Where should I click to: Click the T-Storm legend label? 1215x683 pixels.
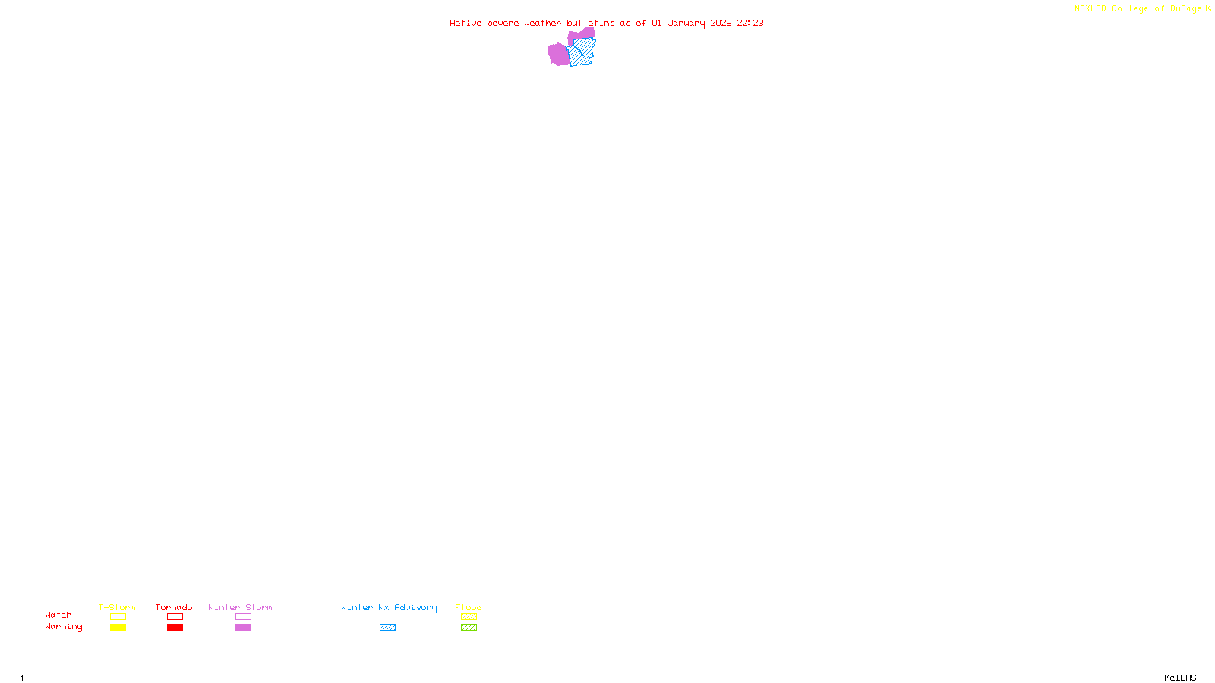point(117,607)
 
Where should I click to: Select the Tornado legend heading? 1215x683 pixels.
point(174,607)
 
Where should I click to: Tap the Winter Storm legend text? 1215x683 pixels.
point(240,607)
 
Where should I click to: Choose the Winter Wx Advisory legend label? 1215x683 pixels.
point(389,607)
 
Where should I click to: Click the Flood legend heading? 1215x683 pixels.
point(469,607)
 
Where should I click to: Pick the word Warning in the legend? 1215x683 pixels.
point(63,627)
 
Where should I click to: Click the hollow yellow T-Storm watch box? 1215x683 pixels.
point(118,617)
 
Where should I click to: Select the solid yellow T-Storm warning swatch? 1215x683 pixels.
point(118,628)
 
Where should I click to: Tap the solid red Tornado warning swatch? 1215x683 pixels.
point(175,628)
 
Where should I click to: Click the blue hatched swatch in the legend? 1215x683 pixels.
point(387,628)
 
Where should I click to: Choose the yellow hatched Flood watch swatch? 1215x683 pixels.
point(469,617)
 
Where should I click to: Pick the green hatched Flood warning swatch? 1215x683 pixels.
point(469,628)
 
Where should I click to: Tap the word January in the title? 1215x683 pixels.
point(686,23)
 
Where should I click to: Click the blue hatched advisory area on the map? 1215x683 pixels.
point(582,53)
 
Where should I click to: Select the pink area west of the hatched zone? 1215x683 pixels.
point(558,54)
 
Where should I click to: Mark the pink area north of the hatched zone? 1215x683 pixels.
point(582,34)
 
